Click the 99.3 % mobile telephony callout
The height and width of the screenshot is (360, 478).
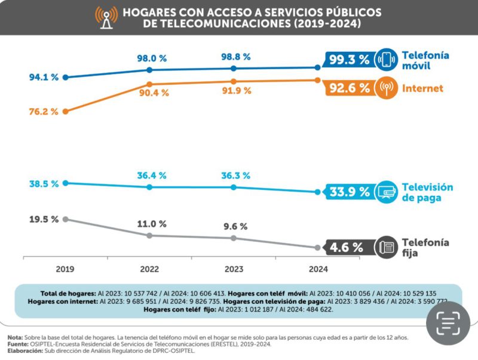click(x=347, y=60)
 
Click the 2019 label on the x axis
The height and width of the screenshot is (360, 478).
click(x=65, y=269)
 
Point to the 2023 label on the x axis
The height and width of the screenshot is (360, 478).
click(x=234, y=269)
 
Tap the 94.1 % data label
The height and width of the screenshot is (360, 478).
click(x=43, y=77)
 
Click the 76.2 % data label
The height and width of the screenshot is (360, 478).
click(x=43, y=111)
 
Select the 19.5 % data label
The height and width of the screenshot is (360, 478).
click(x=43, y=219)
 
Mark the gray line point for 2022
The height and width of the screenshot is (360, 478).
click(x=149, y=235)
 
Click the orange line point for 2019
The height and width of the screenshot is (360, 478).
click(x=65, y=111)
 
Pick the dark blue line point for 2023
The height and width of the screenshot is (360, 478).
click(x=234, y=68)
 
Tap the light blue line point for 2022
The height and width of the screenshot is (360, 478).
click(x=149, y=187)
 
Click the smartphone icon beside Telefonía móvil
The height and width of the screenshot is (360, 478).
click(x=386, y=60)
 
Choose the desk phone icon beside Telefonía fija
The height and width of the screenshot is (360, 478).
click(x=386, y=247)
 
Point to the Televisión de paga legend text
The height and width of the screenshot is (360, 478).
click(x=427, y=192)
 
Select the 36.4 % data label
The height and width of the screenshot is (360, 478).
click(x=151, y=176)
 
